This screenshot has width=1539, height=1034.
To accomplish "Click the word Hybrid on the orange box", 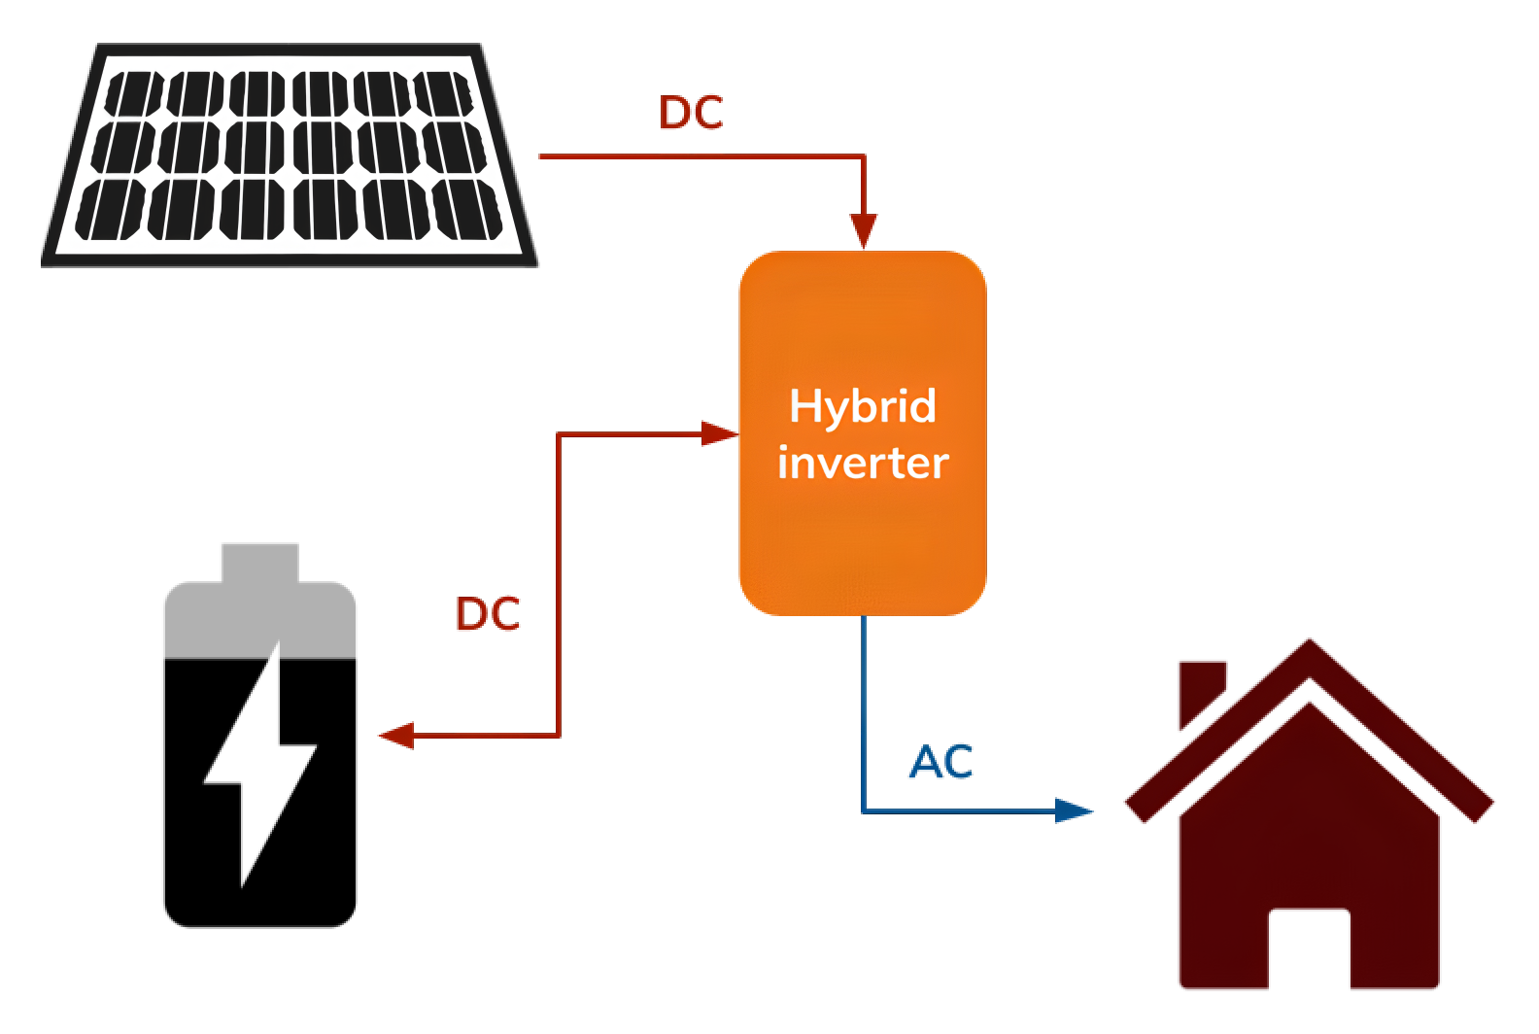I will [863, 406].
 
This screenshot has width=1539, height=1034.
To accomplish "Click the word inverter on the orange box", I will [863, 463].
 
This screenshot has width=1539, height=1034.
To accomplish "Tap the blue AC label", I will [940, 762].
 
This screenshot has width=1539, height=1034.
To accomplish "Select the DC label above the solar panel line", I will [692, 123].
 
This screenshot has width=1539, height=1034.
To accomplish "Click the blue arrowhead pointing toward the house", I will [1075, 810].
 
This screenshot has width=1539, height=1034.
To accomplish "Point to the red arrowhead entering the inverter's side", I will [719, 436].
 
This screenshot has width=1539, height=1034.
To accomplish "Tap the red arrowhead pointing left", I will [395, 735].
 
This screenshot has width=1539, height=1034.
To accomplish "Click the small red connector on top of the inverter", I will [863, 226].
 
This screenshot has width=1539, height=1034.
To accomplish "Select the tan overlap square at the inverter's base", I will [917, 672].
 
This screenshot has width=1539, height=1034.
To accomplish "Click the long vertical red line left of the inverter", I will [559, 583].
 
